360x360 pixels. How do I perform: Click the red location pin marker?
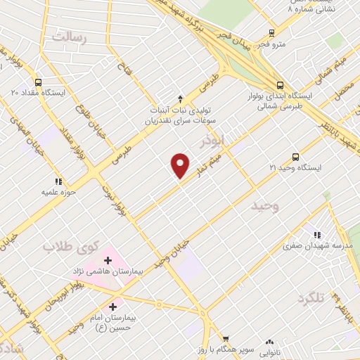(181, 165)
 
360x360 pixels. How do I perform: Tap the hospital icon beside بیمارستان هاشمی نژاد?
(108, 261)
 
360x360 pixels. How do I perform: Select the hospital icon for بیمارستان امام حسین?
(113, 307)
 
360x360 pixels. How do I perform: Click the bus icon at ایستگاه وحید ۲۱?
(295, 157)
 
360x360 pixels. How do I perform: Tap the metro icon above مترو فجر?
(272, 32)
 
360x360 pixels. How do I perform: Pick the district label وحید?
(266, 206)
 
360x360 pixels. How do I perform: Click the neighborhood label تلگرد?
(311, 298)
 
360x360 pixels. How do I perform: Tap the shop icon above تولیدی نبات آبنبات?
(180, 98)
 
